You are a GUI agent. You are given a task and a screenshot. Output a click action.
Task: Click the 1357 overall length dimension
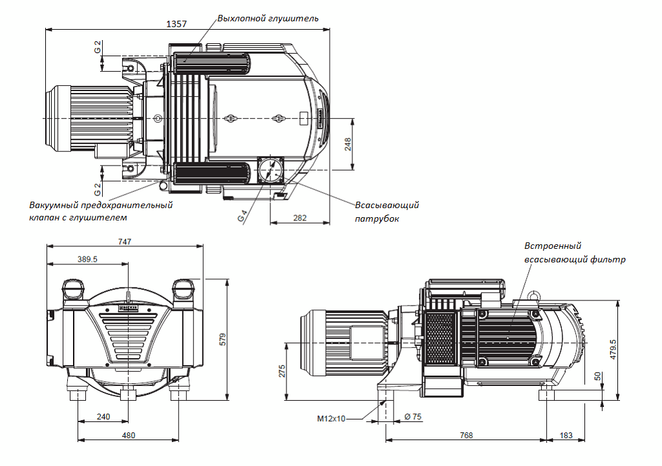[176, 24]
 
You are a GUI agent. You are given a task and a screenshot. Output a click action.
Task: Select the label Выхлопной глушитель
[268, 19]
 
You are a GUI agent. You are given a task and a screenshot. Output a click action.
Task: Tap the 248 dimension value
[347, 144]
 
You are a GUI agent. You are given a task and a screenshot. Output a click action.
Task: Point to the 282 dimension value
[299, 218]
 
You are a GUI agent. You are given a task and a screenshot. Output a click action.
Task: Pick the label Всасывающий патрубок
[387, 212]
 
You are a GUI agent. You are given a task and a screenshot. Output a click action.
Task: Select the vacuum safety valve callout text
[100, 211]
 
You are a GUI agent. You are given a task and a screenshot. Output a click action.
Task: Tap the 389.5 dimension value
[87, 259]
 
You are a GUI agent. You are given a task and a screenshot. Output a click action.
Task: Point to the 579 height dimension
[222, 339]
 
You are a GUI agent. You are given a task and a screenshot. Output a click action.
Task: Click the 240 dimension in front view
[103, 416]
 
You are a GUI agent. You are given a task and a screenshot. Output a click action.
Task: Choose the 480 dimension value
[129, 436]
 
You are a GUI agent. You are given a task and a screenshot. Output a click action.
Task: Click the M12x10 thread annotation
[331, 419]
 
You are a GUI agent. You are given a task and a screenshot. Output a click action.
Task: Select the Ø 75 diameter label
[412, 418]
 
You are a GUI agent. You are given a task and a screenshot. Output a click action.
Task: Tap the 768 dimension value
[465, 436]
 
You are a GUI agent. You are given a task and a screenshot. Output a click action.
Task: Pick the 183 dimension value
[566, 436]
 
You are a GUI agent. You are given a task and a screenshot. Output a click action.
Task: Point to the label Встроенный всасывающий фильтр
[574, 253]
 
